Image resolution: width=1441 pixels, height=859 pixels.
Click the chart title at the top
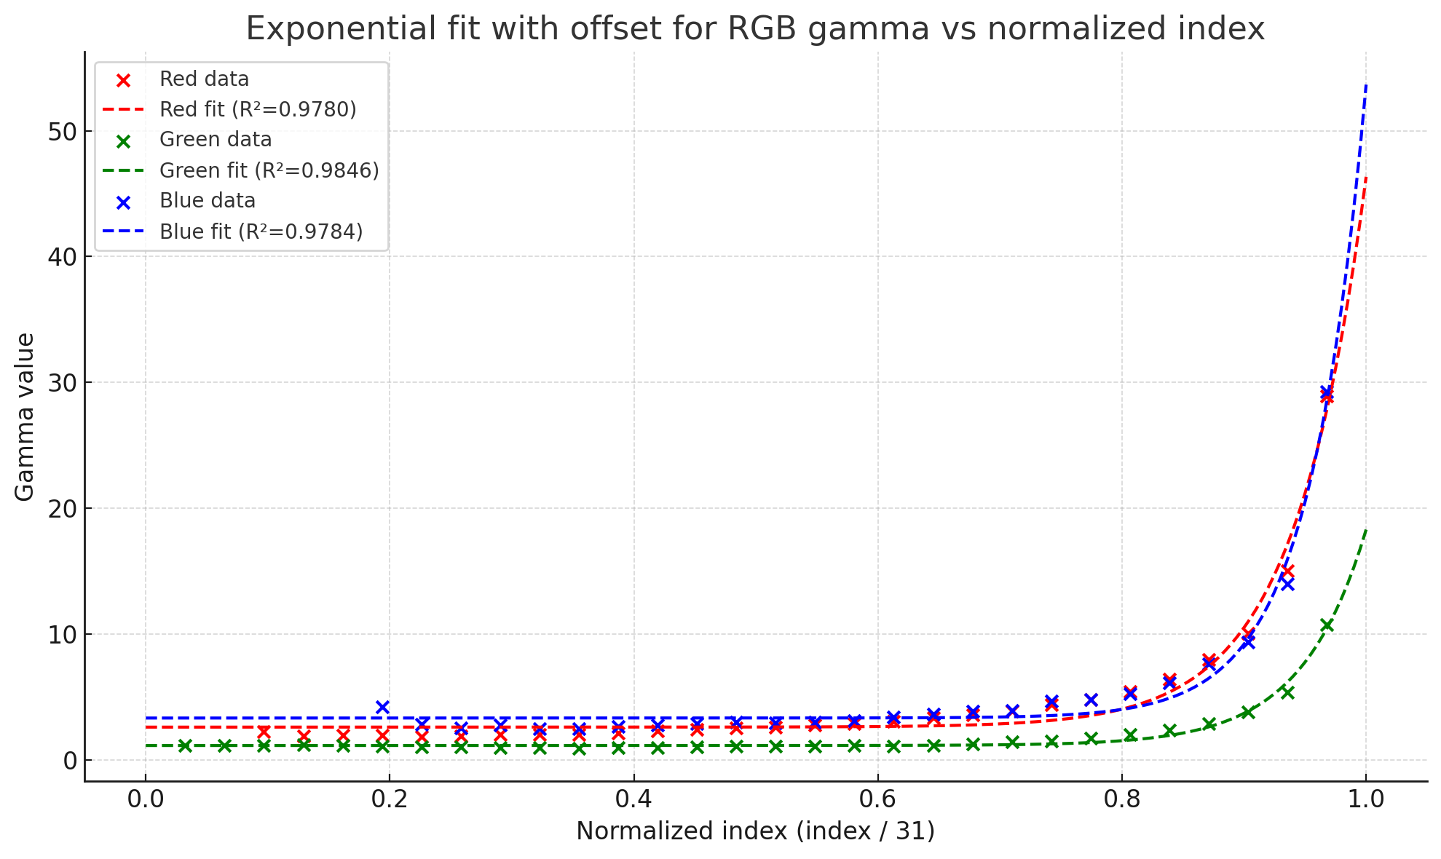click(x=755, y=29)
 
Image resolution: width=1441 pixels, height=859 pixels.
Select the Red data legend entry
click(x=204, y=79)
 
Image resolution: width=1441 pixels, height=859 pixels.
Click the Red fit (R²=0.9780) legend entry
click(x=258, y=109)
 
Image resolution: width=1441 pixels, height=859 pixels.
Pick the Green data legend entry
click(x=216, y=140)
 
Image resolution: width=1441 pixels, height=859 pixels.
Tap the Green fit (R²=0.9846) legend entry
click(x=269, y=170)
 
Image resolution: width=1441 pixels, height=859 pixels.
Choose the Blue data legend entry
click(x=208, y=201)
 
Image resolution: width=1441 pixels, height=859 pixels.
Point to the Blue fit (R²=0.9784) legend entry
click(x=261, y=231)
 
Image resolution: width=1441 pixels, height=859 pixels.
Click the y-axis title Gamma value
click(x=25, y=417)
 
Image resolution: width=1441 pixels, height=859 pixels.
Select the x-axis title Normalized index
click(x=755, y=831)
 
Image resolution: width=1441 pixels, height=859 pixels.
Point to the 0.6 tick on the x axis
click(x=877, y=799)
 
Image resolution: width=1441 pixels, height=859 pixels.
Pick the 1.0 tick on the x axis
click(x=1365, y=799)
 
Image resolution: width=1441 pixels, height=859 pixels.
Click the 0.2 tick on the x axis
click(x=389, y=799)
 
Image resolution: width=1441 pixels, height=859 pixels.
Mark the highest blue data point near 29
click(x=1327, y=392)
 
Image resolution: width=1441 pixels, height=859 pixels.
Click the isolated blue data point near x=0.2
click(x=382, y=707)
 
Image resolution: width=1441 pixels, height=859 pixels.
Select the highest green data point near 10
click(x=1327, y=625)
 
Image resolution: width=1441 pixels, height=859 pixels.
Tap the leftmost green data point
click(x=185, y=745)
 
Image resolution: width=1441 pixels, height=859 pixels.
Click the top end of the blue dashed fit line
click(x=1366, y=84)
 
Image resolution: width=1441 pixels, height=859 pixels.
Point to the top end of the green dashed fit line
click(x=1366, y=530)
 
